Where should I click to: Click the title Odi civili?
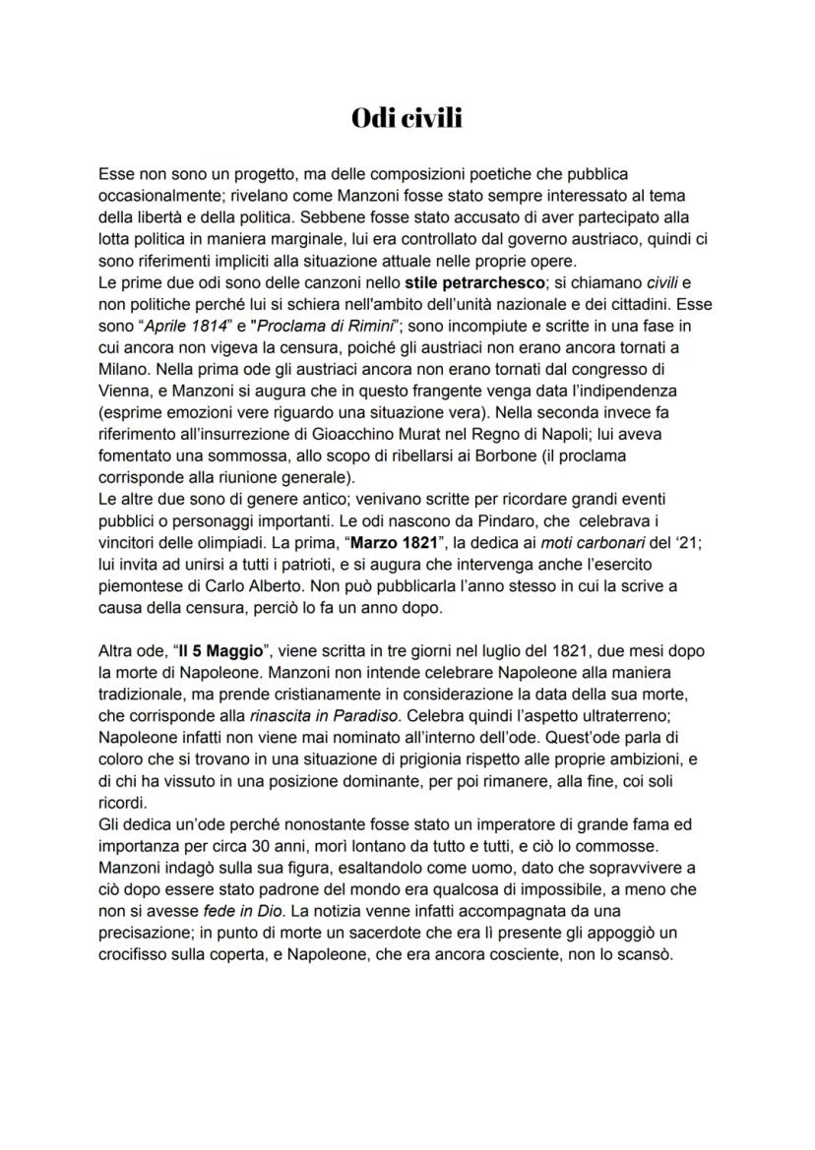(x=407, y=119)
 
